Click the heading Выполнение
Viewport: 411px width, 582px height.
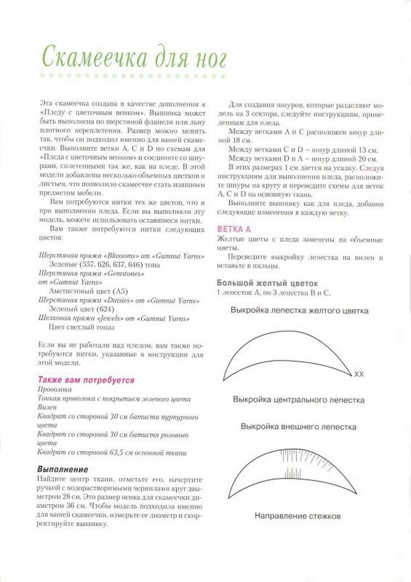pyautogui.click(x=62, y=469)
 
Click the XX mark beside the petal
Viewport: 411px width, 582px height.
pyautogui.click(x=359, y=374)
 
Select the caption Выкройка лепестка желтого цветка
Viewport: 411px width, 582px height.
pyautogui.click(x=299, y=311)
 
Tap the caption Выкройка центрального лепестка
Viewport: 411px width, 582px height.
pyautogui.click(x=299, y=400)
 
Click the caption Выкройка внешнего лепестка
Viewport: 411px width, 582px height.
pyautogui.click(x=299, y=427)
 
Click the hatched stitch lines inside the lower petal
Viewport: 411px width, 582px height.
pyautogui.click(x=297, y=460)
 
